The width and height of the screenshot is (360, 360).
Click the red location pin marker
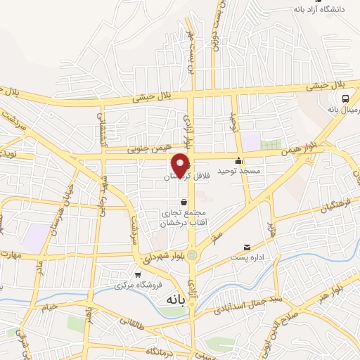click(x=181, y=165)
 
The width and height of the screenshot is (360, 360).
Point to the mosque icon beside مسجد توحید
click(x=240, y=160)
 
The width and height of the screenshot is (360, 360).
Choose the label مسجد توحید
click(x=239, y=171)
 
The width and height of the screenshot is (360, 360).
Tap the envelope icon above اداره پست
click(x=247, y=247)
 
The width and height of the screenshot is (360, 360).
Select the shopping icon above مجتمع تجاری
click(x=184, y=202)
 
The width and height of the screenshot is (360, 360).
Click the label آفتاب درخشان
click(x=184, y=222)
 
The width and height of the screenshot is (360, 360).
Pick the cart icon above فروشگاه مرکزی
click(x=138, y=274)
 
